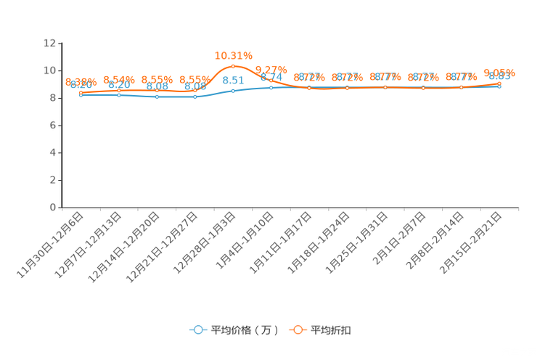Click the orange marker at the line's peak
tap(233, 66)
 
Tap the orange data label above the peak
tap(233, 54)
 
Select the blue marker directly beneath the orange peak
tap(233, 91)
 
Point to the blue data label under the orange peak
tap(233, 80)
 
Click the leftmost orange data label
tap(81, 81)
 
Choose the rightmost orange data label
tap(499, 73)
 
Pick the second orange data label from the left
tap(118, 78)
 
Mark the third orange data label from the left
tap(157, 79)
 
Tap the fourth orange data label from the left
tap(195, 79)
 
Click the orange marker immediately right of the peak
tap(271, 81)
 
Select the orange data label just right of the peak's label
tap(270, 70)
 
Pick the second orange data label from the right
tap(461, 76)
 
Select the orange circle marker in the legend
tap(297, 330)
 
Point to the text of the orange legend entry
tap(332, 330)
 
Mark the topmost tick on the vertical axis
tap(61, 43)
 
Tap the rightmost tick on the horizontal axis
tap(518, 208)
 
